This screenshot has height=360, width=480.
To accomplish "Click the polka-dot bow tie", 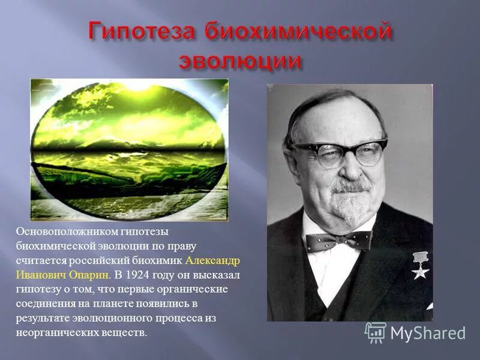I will click(x=337, y=241).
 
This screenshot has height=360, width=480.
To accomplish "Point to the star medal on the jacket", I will click(x=421, y=265).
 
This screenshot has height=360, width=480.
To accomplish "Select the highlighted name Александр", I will click(x=213, y=260).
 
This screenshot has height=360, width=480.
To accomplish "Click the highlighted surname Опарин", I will click(x=91, y=275).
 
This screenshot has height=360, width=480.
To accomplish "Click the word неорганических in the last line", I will click(x=49, y=332).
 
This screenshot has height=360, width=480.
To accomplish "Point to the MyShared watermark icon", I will click(x=375, y=332).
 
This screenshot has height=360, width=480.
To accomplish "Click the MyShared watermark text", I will click(x=427, y=333).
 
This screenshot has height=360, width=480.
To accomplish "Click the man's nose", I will click(x=353, y=166).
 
